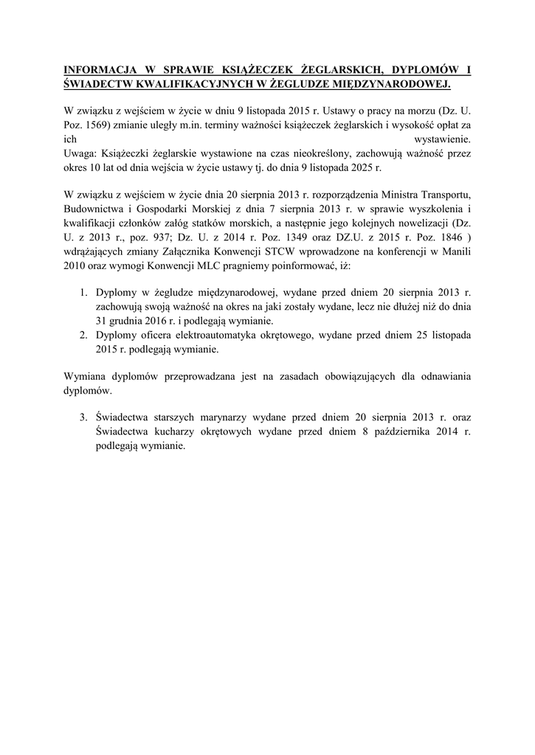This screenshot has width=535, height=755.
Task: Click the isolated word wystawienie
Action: (x=441, y=139)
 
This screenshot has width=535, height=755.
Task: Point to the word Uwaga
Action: (x=78, y=153)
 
